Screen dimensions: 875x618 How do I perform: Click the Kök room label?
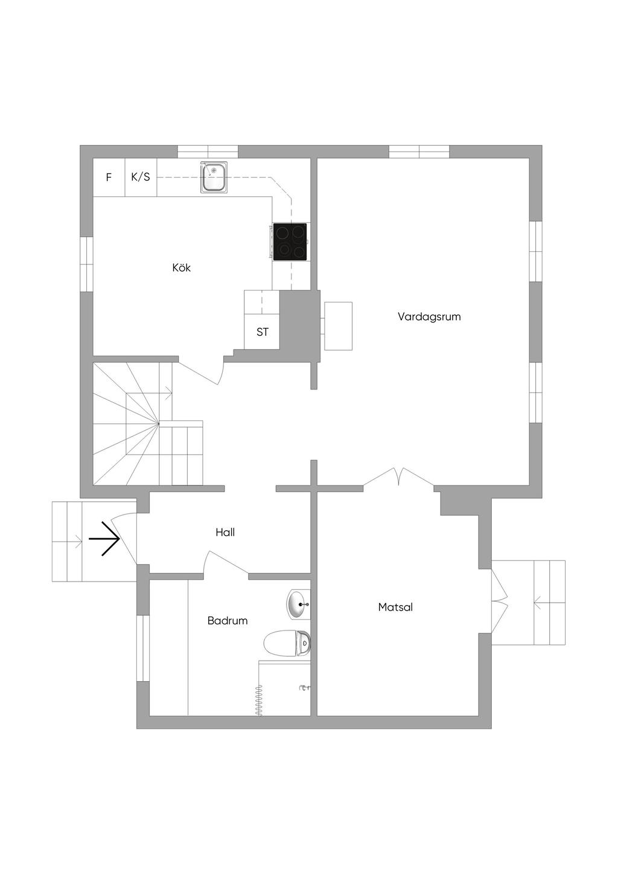181,268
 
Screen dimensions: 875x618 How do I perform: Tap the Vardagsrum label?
429,316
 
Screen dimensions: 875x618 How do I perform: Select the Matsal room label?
395,607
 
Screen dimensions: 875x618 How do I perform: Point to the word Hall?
225,532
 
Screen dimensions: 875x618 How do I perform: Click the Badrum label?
228,621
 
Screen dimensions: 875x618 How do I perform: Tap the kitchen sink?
214,178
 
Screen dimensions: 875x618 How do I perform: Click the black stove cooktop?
290,242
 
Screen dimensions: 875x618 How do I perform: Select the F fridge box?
109,178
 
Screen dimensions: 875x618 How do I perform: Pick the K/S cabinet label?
141,178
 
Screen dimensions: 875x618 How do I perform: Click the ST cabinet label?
263,332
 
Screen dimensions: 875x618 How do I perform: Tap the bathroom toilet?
287,644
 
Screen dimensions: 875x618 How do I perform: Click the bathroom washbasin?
298,604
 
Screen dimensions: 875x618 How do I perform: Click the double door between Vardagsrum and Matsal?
398,477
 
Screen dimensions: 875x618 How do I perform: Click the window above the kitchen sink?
208,152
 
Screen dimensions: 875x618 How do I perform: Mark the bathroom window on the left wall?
143,648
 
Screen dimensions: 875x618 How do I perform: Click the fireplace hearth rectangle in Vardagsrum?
338,326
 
